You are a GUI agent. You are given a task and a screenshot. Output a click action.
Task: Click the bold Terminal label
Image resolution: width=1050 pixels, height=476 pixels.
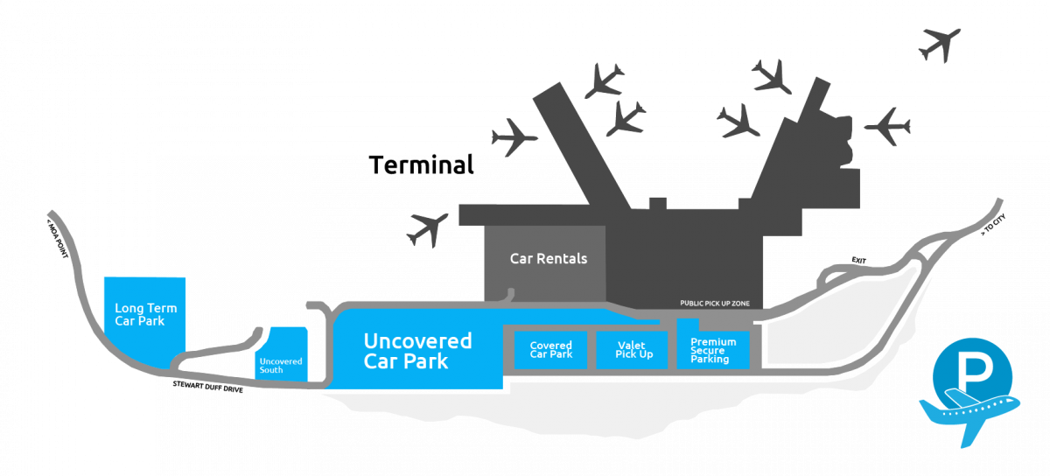(422, 164)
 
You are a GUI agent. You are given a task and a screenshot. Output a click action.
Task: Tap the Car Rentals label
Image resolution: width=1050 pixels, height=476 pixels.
(549, 259)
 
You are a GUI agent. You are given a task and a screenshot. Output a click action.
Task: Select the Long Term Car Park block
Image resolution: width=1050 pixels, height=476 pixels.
(144, 314)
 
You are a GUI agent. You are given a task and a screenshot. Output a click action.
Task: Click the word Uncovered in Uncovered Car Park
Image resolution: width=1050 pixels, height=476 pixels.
(417, 341)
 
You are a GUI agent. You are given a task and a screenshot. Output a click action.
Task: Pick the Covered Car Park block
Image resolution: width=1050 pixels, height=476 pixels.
(551, 349)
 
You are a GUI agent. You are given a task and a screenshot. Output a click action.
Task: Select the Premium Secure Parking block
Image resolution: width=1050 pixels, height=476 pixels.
(713, 349)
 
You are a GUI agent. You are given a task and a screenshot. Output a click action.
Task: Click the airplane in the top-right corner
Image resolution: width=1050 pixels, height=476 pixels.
(941, 43)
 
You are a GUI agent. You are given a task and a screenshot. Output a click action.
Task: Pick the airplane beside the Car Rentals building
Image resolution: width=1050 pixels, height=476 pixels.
(429, 228)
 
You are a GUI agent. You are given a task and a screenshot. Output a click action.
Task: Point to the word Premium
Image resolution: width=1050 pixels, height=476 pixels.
(713, 341)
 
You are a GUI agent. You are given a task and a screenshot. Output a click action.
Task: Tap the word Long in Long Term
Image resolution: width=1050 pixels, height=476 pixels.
(129, 308)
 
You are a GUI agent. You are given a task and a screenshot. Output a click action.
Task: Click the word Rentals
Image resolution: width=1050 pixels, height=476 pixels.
(565, 259)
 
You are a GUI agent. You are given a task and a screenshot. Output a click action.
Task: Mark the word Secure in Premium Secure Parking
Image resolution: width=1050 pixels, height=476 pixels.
(707, 350)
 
